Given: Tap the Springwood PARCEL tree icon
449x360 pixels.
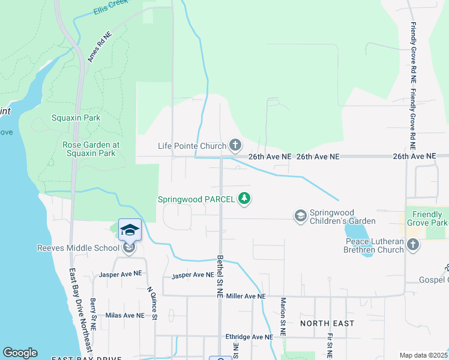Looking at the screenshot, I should click(244, 199).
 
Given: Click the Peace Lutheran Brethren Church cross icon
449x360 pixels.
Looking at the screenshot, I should click(412, 245).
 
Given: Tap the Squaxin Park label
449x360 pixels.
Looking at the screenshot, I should click(76, 118).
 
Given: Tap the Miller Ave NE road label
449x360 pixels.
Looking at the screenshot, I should click(245, 296).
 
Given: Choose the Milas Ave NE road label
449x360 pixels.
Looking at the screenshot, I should click(125, 315).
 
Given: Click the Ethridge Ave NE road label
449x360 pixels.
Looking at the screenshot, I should click(249, 337).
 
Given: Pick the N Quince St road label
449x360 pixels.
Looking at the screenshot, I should click(153, 303).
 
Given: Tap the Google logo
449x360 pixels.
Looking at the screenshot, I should click(20, 353).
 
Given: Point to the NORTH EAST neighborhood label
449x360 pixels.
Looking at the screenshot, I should click(327, 323).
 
